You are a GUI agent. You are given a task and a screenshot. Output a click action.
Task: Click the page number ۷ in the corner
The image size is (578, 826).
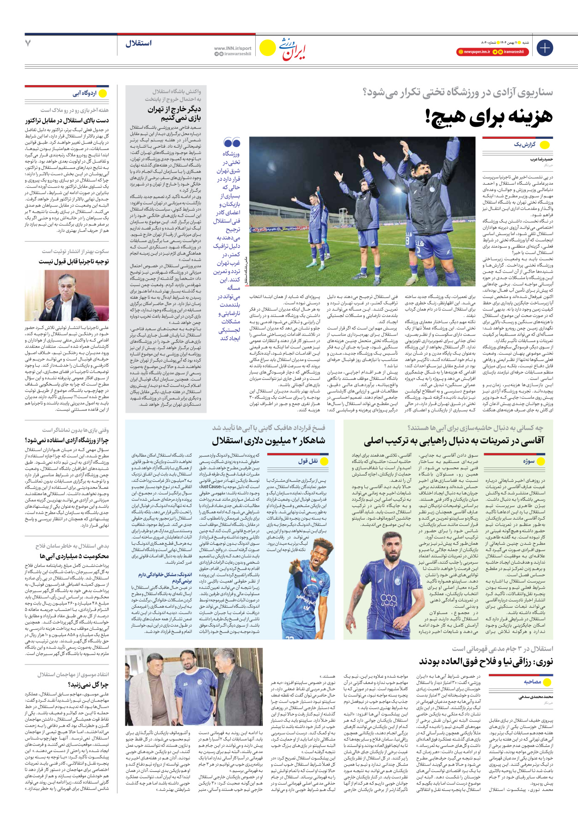(x=28, y=43)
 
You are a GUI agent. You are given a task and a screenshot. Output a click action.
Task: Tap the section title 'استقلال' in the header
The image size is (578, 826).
(x=138, y=43)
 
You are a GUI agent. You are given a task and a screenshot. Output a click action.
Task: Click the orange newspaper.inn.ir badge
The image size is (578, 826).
(x=474, y=52)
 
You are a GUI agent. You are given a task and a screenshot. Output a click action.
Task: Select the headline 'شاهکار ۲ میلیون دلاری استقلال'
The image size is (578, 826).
(x=269, y=440)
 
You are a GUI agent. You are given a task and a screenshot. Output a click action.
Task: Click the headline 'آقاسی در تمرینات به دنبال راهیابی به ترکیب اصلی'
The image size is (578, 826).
(x=454, y=440)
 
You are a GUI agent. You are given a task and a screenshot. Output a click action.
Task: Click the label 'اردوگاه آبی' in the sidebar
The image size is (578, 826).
(x=85, y=93)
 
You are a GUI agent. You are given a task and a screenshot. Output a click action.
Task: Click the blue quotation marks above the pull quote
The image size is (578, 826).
(x=232, y=143)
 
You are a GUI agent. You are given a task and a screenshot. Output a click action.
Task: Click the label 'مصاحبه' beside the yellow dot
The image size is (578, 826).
(x=532, y=682)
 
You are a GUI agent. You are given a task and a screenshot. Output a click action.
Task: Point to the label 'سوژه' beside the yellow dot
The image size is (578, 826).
(x=529, y=461)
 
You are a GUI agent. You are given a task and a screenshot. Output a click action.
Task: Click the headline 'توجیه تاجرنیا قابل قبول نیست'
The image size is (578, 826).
(x=74, y=261)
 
